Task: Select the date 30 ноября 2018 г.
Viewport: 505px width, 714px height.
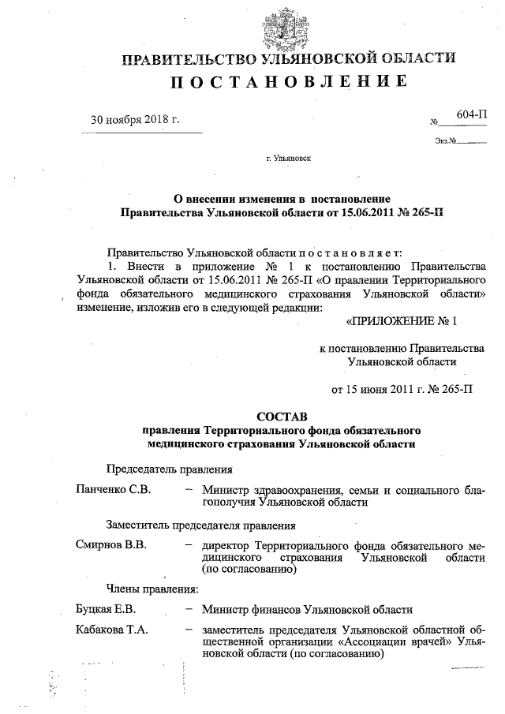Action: (x=135, y=120)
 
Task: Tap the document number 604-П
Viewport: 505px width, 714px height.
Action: (x=471, y=114)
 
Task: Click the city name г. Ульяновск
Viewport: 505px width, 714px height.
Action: (x=289, y=158)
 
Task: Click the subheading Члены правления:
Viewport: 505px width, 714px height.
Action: (x=152, y=589)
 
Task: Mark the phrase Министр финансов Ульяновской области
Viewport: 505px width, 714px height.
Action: (x=307, y=609)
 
